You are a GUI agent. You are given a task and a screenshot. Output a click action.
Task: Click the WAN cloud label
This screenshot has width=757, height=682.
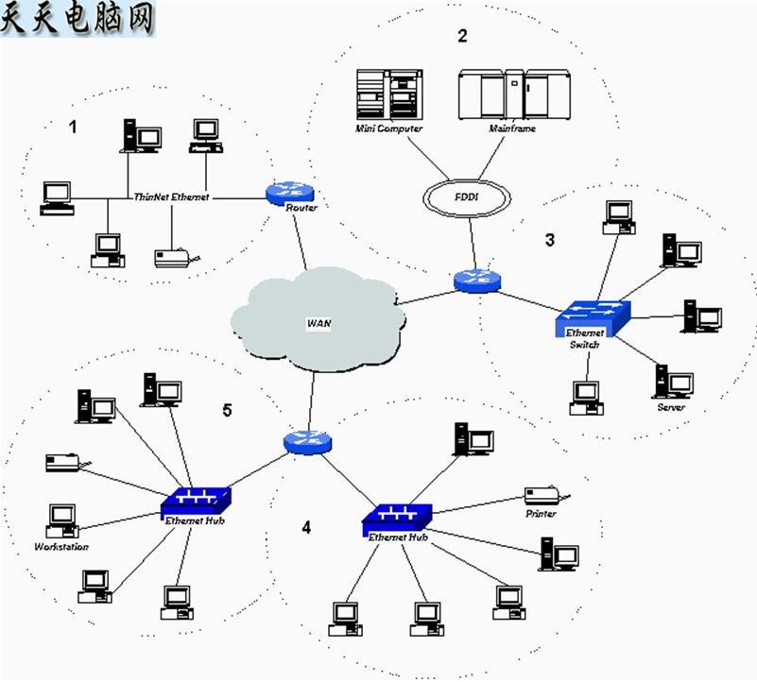click(x=318, y=323)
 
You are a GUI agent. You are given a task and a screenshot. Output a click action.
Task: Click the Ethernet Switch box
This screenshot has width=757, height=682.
click(x=591, y=319)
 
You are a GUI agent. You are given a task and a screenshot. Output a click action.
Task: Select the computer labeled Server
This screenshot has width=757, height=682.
click(x=675, y=383)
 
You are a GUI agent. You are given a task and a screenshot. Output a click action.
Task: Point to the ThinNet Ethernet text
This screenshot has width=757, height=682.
click(x=171, y=197)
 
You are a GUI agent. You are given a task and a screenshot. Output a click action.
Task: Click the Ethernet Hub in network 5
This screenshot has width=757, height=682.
click(x=196, y=500)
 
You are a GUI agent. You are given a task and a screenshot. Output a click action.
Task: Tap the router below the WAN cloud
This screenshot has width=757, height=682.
click(x=307, y=441)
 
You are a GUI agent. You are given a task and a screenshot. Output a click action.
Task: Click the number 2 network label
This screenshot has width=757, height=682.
click(x=462, y=37)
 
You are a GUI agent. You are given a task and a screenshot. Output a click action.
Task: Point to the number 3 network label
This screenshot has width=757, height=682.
click(x=550, y=240)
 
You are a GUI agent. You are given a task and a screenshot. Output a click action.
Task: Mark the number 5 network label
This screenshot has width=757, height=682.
click(x=227, y=410)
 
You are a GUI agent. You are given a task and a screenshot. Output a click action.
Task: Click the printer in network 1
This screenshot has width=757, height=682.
click(x=175, y=256)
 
